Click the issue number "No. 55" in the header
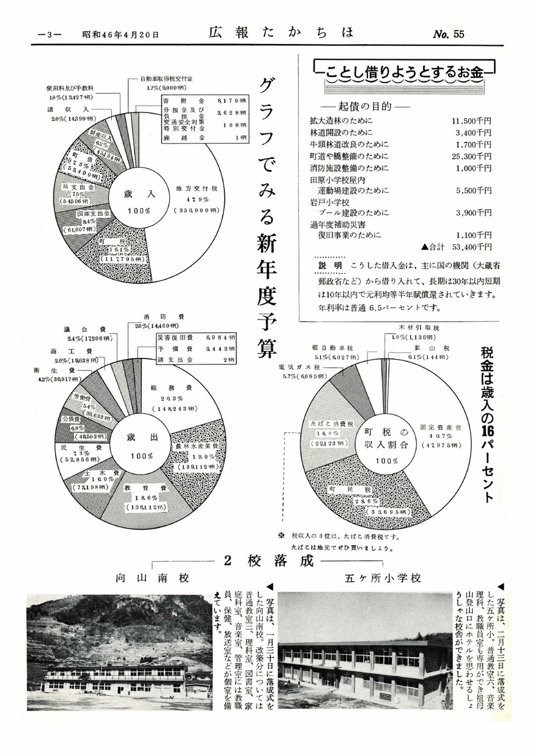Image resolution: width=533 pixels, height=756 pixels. coord(449,34)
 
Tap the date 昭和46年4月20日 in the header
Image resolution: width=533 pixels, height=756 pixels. coord(120,35)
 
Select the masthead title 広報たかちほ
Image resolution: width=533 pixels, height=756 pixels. coord(281,32)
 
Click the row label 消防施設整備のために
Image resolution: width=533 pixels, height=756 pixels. coord(349,168)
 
